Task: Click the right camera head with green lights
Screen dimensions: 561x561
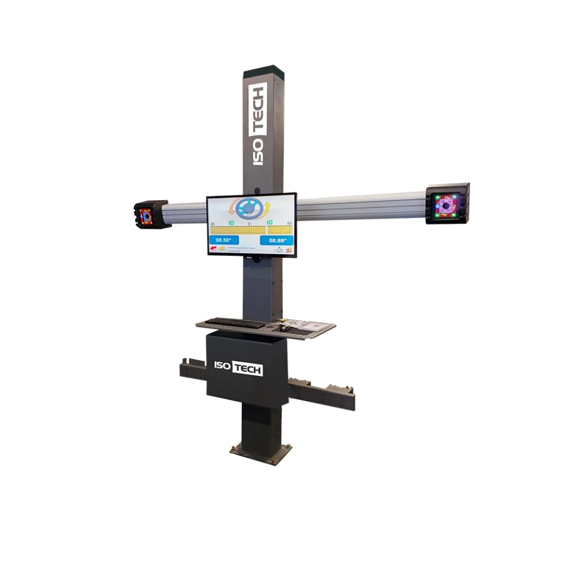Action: pyautogui.click(x=447, y=204)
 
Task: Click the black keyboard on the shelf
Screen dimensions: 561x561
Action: pyautogui.click(x=235, y=323)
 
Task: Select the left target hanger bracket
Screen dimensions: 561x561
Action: pyautogui.click(x=192, y=370)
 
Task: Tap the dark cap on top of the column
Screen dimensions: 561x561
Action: pyautogui.click(x=261, y=71)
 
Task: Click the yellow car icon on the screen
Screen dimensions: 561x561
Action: pyautogui.click(x=223, y=247)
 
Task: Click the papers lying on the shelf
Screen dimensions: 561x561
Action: pyautogui.click(x=309, y=325)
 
